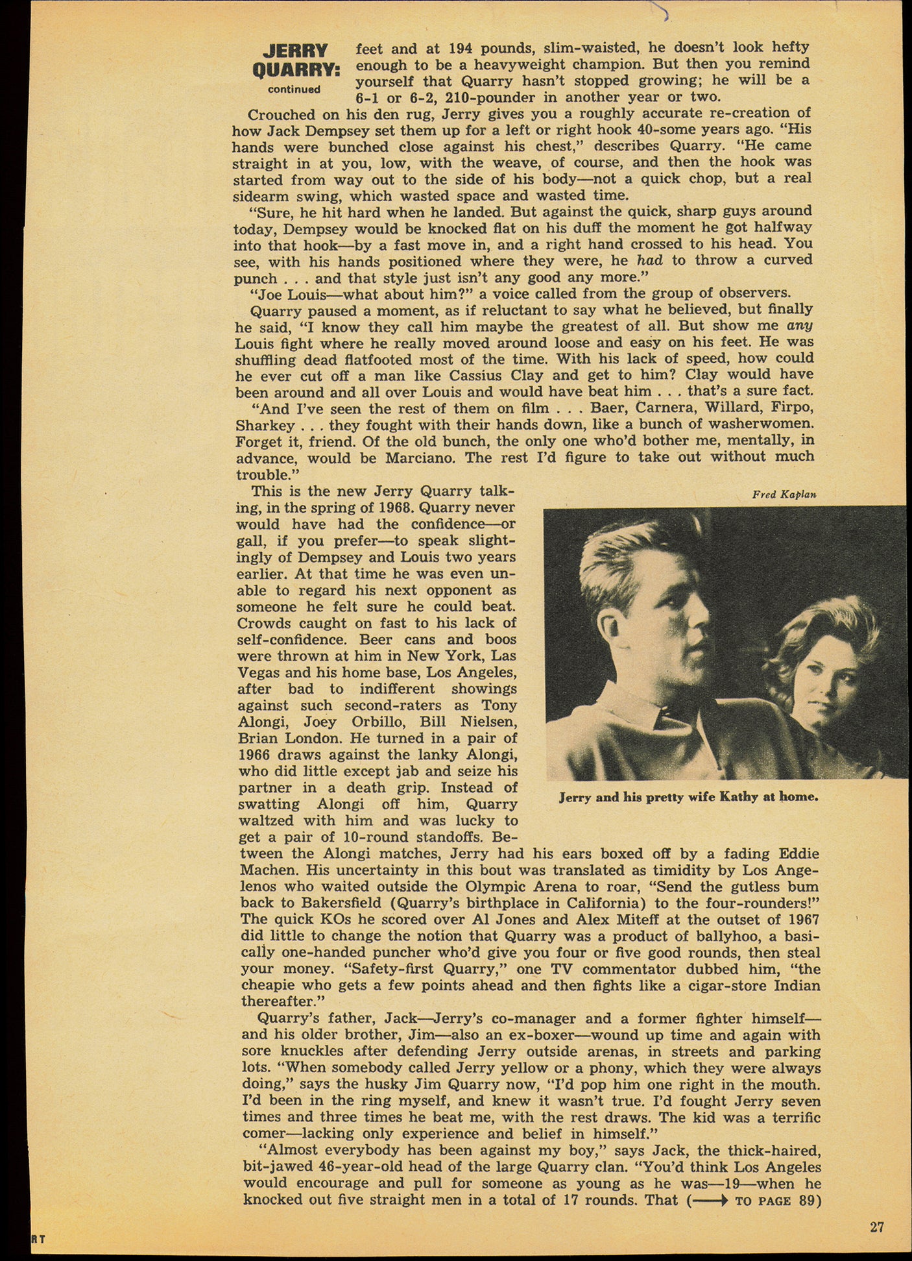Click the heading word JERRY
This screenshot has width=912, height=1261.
point(295,51)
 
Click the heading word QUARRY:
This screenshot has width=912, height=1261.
point(296,69)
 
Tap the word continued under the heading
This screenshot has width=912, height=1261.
point(294,90)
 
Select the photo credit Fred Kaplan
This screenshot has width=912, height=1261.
point(784,495)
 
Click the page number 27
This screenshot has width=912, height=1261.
point(877,1227)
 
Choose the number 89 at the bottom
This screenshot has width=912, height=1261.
point(806,1201)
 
